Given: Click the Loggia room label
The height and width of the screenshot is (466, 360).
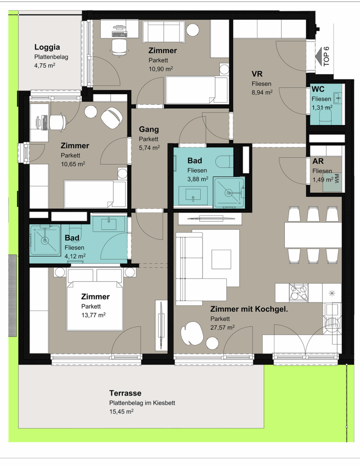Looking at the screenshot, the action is (x=47, y=47).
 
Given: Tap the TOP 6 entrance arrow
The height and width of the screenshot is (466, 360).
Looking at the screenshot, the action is (x=320, y=56).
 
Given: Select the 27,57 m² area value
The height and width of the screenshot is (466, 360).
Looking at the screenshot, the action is (x=223, y=327).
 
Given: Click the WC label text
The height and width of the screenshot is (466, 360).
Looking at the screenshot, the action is (x=318, y=89).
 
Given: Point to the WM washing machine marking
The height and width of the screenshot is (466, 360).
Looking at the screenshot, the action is (x=337, y=178).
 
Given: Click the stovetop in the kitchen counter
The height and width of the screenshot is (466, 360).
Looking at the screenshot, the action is (x=299, y=293).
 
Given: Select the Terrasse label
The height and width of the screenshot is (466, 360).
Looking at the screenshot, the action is (x=125, y=393).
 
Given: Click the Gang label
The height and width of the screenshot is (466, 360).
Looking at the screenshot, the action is (x=149, y=130).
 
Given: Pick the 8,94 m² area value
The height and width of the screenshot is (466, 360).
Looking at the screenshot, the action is (x=262, y=92).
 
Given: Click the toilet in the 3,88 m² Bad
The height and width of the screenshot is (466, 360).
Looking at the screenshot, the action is (x=223, y=162).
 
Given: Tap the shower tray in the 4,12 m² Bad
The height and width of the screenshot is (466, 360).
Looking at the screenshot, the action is (x=45, y=240).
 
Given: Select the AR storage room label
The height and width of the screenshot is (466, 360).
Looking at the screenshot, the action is (x=318, y=162).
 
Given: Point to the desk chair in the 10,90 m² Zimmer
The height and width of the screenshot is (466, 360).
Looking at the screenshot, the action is (x=120, y=47).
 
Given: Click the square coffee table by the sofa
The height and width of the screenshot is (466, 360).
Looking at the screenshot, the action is (x=221, y=259).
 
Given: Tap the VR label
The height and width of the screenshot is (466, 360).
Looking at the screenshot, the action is (x=257, y=74).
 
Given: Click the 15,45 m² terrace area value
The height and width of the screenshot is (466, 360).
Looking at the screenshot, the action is (x=121, y=411).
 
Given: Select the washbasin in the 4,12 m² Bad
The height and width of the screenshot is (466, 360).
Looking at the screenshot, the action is (x=108, y=223).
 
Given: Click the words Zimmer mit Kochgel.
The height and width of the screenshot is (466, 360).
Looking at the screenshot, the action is (x=249, y=309).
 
